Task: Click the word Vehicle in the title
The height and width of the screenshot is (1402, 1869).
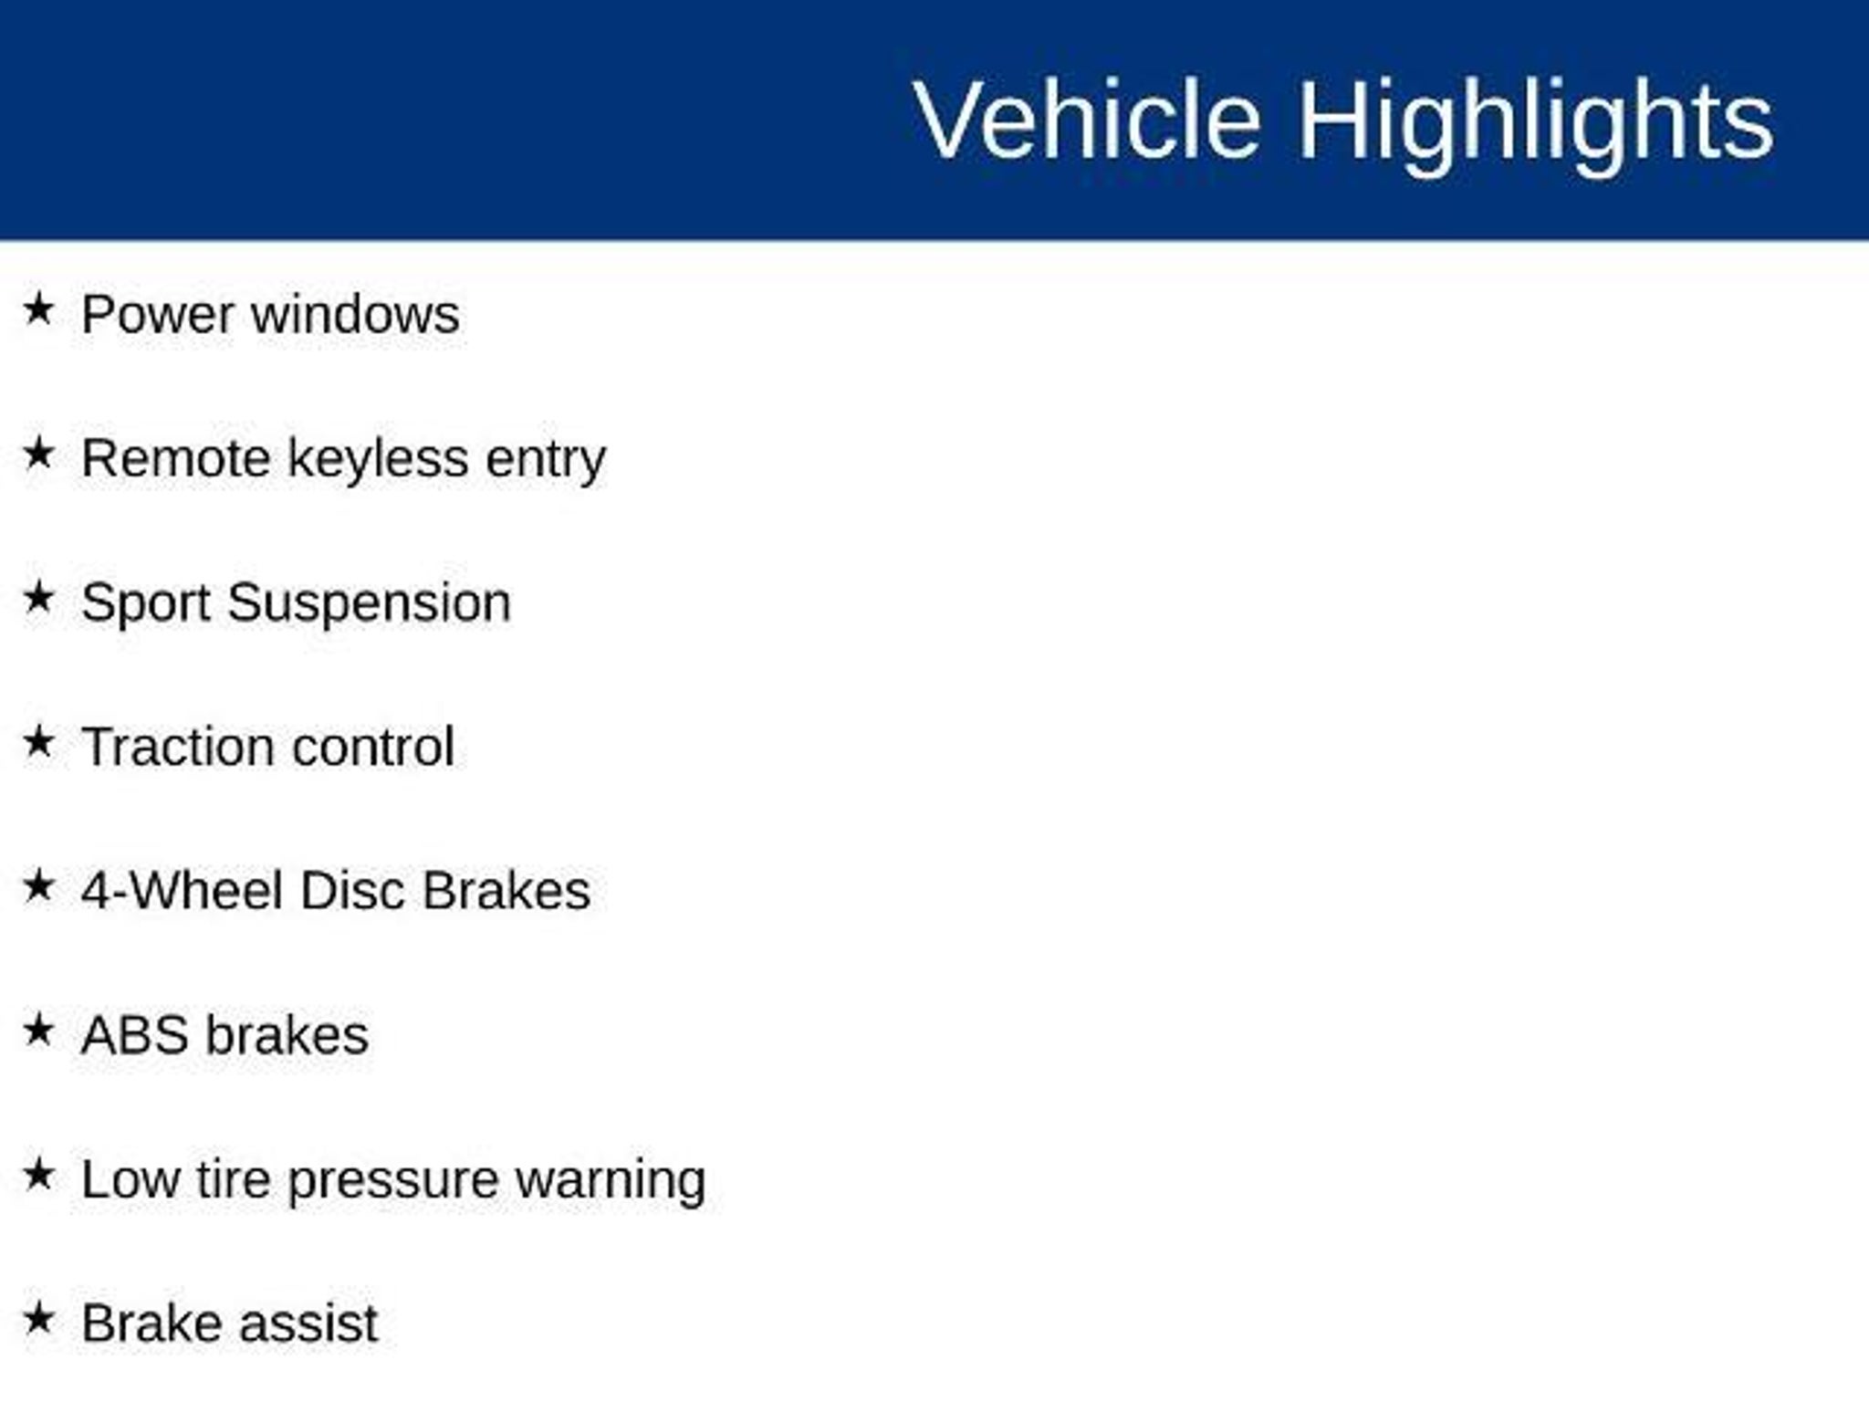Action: (1087, 120)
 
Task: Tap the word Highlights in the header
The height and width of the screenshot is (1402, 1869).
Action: (1536, 124)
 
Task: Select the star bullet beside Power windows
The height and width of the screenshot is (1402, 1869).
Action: (38, 309)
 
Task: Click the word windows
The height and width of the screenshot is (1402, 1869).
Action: (355, 315)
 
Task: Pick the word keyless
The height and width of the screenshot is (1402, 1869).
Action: (379, 458)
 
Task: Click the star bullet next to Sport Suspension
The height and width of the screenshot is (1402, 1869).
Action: (38, 597)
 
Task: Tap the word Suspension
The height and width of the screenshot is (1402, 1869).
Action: (370, 603)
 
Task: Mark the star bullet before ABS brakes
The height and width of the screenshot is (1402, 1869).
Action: (38, 1031)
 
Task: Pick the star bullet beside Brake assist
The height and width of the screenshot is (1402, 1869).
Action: (38, 1319)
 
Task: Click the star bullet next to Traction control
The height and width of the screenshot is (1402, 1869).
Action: (38, 741)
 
